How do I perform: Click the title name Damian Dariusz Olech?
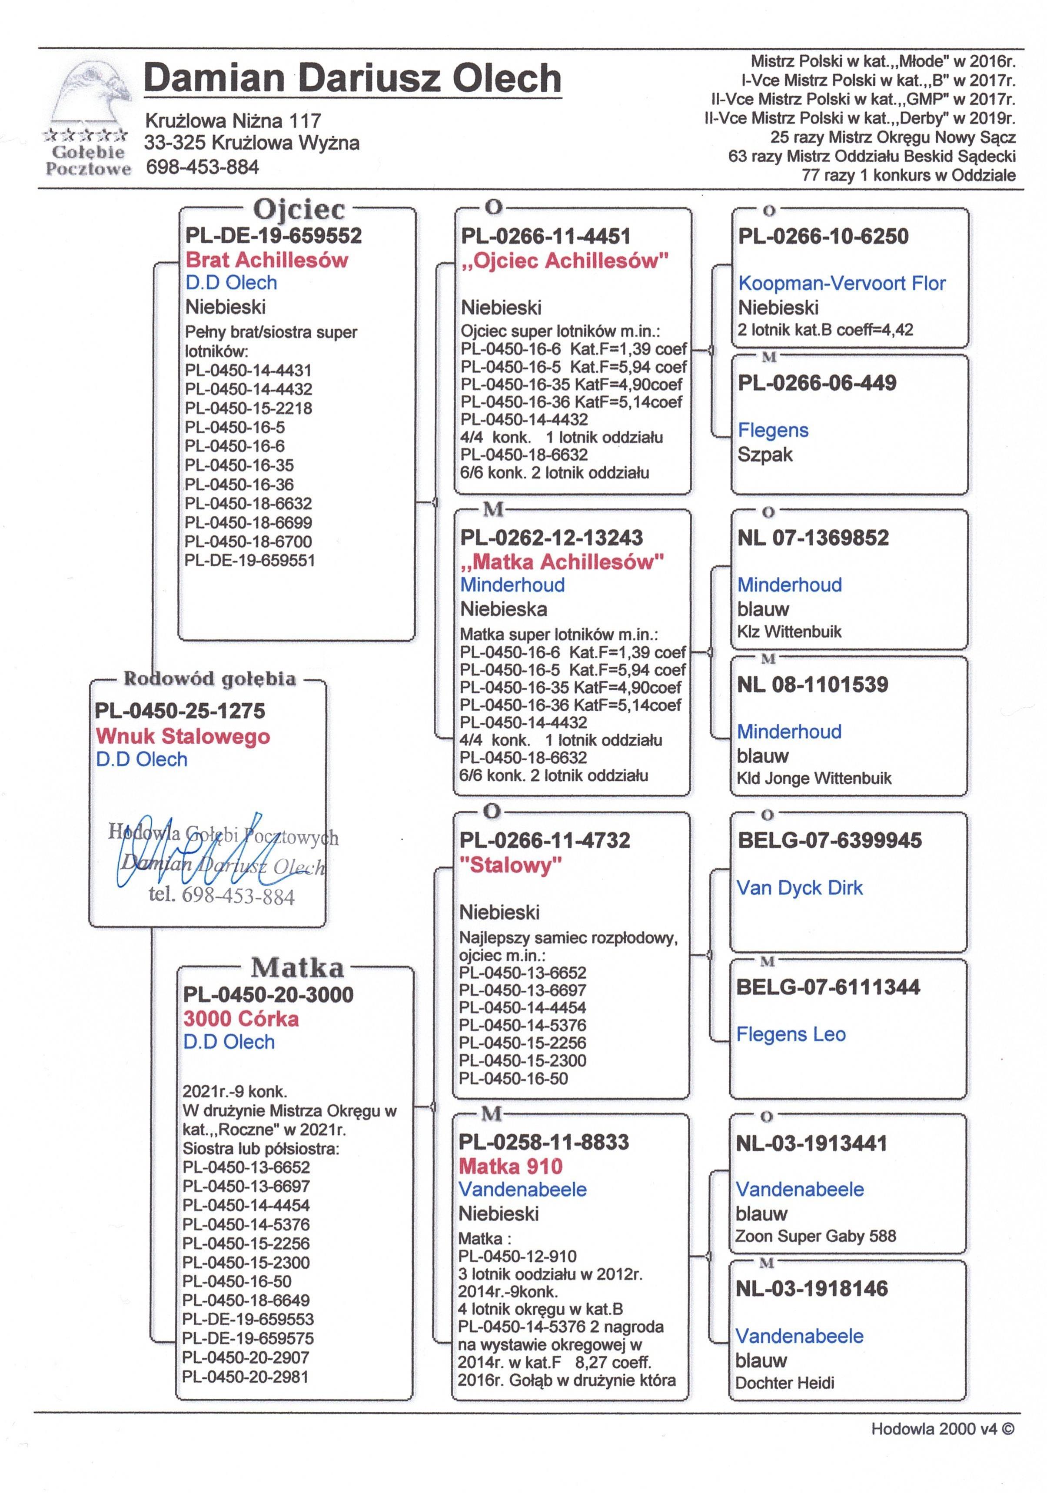click(x=352, y=79)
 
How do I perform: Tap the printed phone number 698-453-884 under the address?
click(x=202, y=167)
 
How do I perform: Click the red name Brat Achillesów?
click(x=266, y=260)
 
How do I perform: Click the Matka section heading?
click(x=297, y=968)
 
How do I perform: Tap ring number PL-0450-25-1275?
click(x=180, y=711)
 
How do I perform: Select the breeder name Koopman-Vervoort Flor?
click(x=841, y=284)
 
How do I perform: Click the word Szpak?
click(x=765, y=454)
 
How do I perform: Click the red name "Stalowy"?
click(x=511, y=866)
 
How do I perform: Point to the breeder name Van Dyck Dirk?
click(x=799, y=888)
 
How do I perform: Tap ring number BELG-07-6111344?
click(x=828, y=987)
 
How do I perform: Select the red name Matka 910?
click(x=511, y=1166)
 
